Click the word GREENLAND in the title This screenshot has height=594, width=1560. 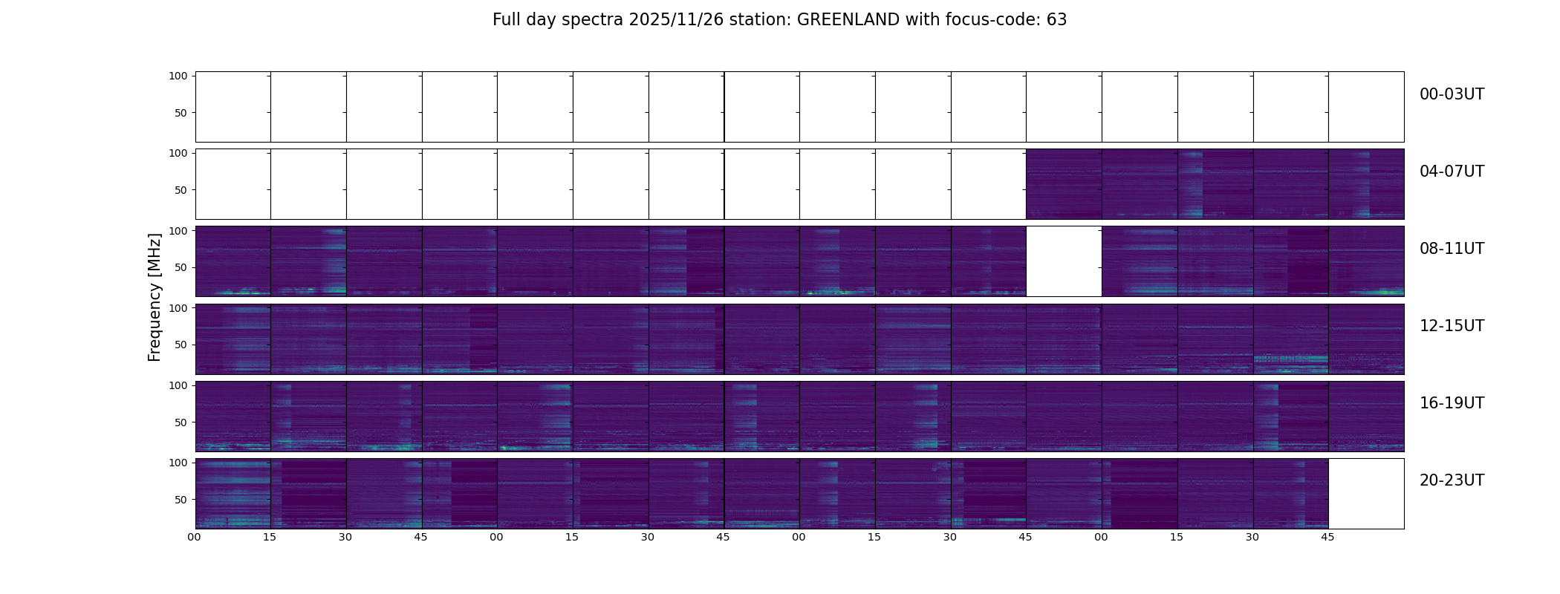click(848, 20)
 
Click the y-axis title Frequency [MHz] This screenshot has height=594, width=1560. click(155, 297)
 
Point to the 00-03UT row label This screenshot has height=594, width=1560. click(1452, 94)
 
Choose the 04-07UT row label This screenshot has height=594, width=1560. click(1452, 172)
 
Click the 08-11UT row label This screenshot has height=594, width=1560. click(1452, 249)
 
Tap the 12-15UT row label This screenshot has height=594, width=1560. click(1452, 326)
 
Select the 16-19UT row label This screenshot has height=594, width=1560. click(1452, 403)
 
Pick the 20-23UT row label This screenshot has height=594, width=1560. click(1452, 480)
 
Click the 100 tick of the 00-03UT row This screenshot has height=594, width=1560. click(178, 76)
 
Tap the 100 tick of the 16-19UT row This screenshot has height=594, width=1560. click(178, 385)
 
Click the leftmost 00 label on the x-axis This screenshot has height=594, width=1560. click(195, 537)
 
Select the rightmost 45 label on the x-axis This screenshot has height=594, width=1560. click(1327, 537)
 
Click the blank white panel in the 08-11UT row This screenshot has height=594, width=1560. click(1064, 261)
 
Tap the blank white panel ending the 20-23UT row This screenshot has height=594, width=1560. click(1366, 494)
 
